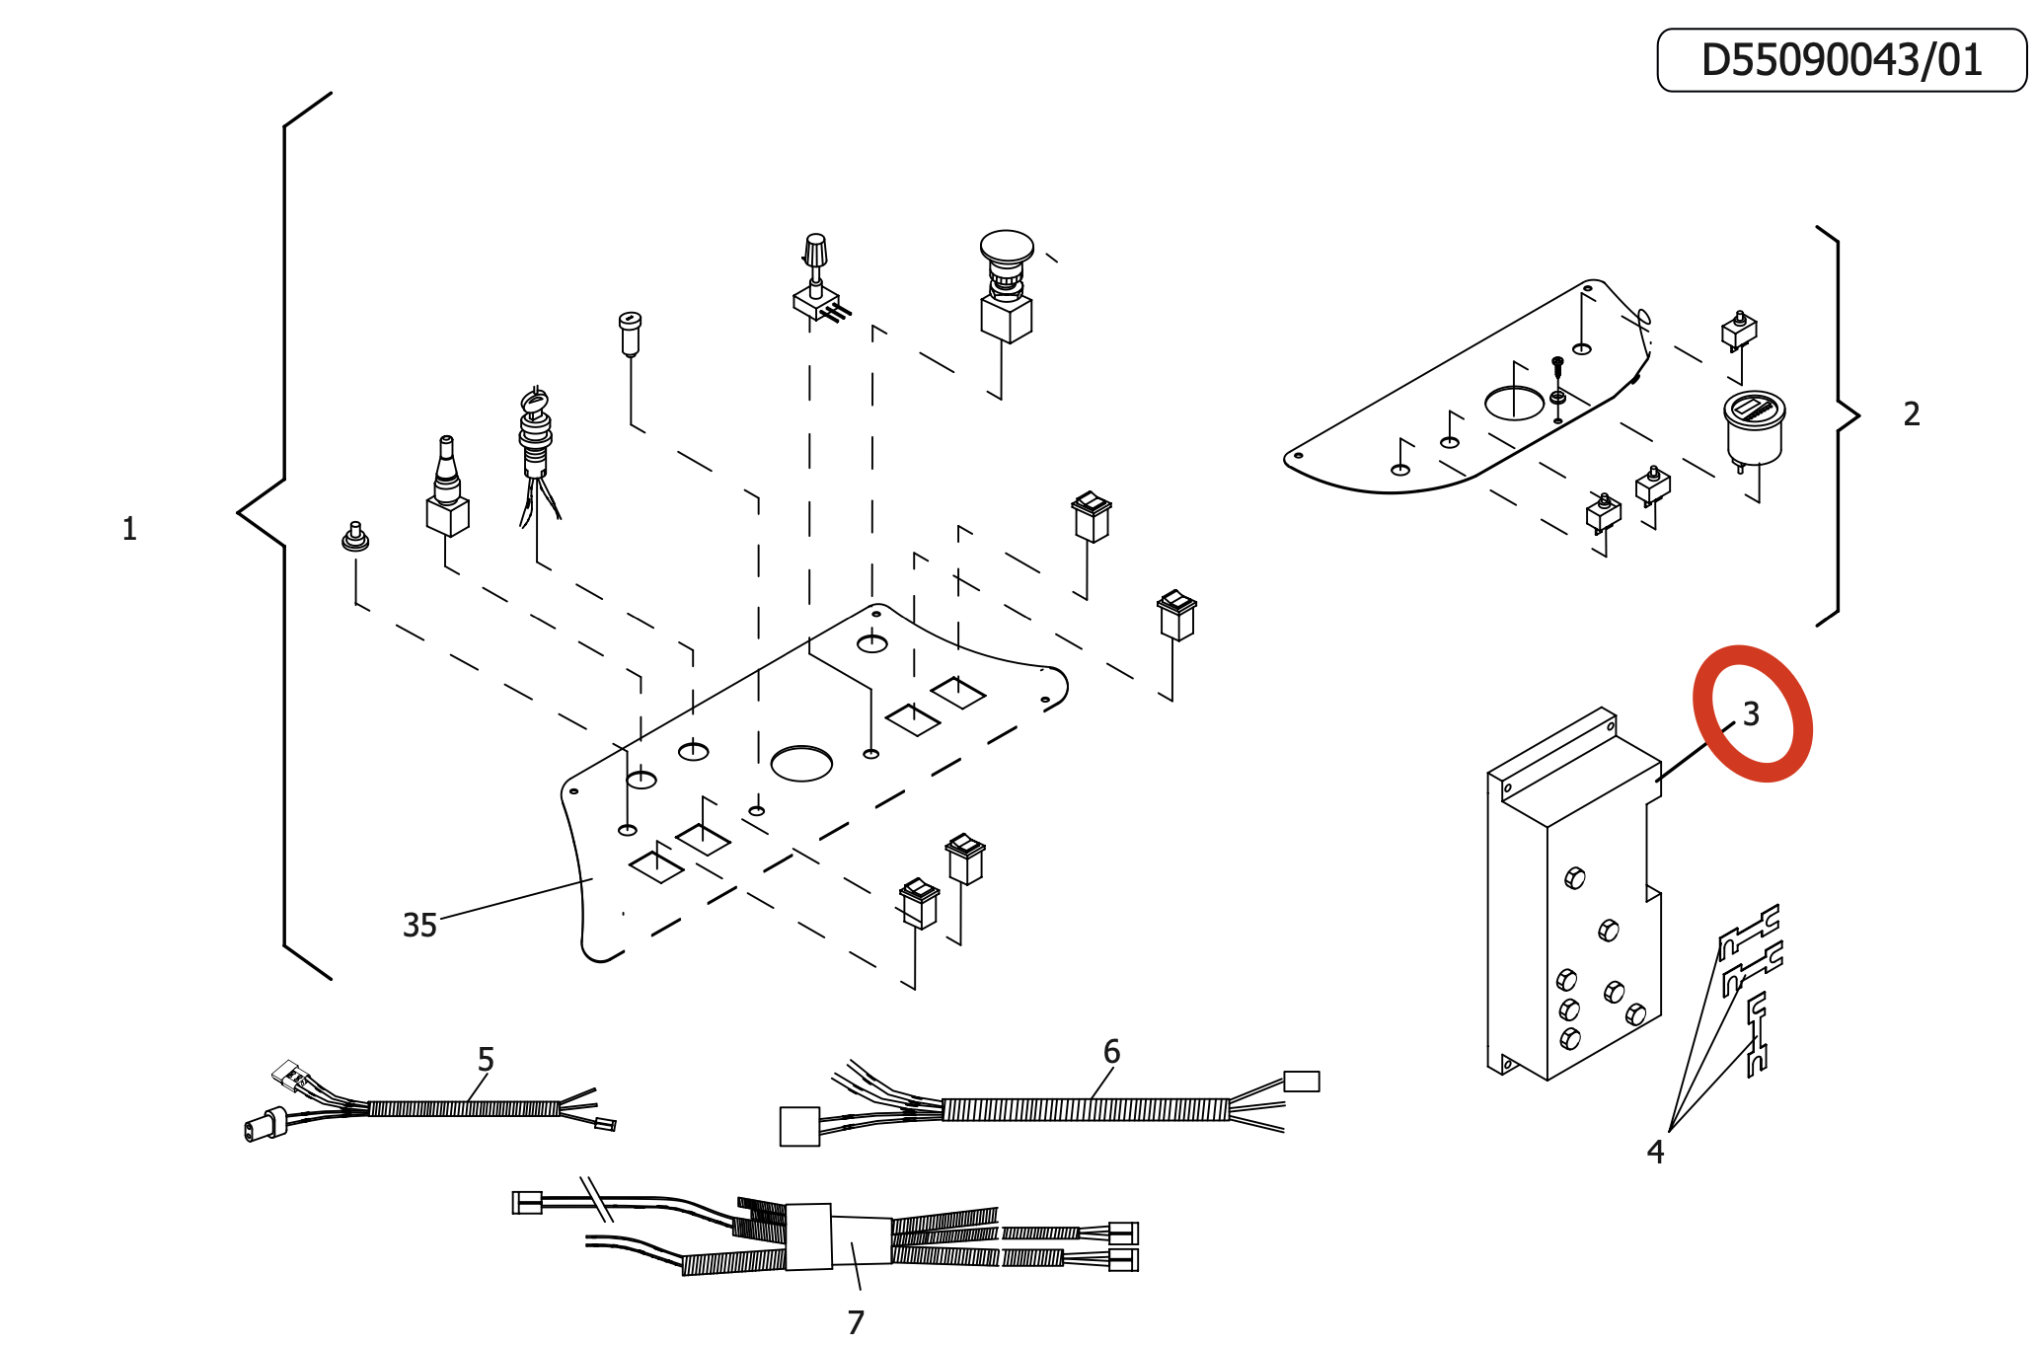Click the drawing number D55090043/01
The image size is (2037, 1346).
[x=1841, y=60]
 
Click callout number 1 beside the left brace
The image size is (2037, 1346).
[x=129, y=529]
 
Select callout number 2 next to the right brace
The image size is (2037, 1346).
[x=1911, y=413]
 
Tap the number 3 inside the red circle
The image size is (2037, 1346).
[x=1751, y=713]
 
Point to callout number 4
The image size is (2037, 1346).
[x=1655, y=1152]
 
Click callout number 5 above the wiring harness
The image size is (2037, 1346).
[x=486, y=1060]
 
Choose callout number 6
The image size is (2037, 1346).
[x=1111, y=1052]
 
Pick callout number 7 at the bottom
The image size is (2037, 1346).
[x=856, y=1321]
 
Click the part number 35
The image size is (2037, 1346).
[x=419, y=926]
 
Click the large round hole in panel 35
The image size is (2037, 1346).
[x=801, y=763]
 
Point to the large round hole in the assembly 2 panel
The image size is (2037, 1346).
[x=1514, y=403]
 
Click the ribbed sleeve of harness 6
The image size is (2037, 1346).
[x=1086, y=1109]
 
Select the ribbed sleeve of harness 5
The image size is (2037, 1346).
[x=464, y=1108]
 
